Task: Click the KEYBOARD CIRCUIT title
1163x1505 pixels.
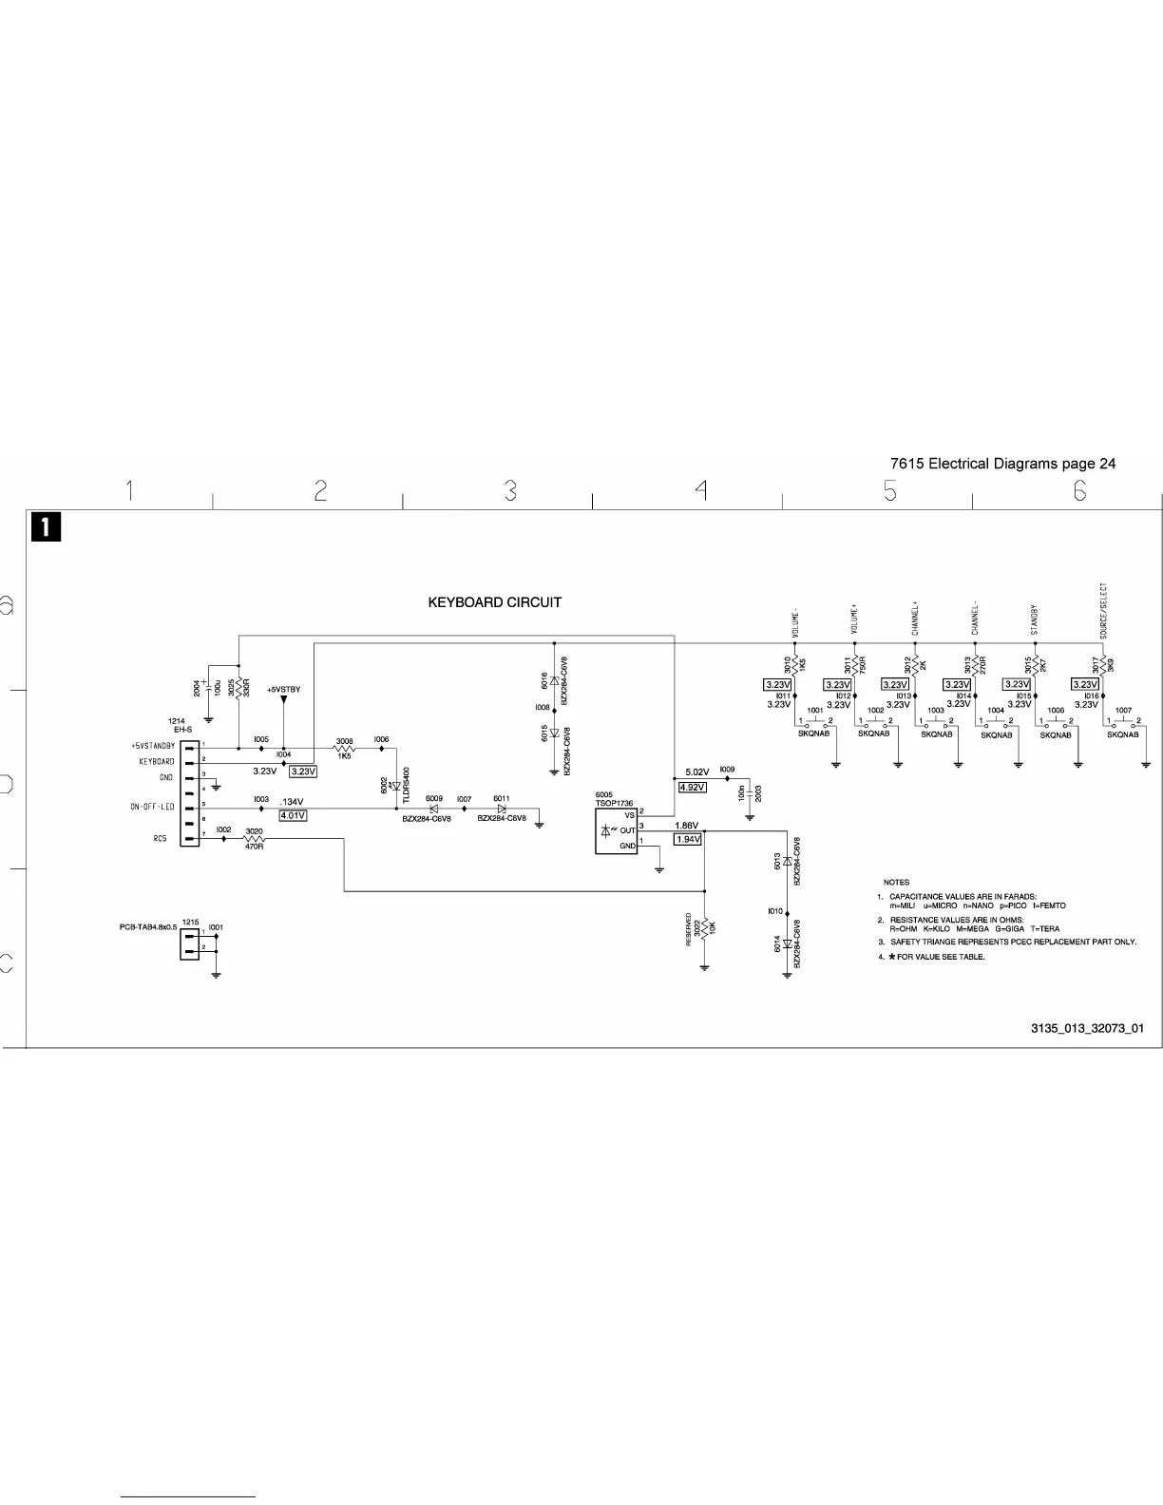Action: coord(494,602)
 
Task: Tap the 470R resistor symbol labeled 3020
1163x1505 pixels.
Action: coord(254,838)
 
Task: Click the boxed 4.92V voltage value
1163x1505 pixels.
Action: coord(692,788)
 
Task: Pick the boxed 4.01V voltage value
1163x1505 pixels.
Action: coord(293,815)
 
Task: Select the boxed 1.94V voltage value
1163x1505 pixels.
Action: coord(687,839)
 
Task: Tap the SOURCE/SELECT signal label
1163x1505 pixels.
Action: coord(1103,610)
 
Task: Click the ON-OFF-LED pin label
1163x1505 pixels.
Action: coord(152,808)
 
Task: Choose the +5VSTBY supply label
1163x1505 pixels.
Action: coord(283,690)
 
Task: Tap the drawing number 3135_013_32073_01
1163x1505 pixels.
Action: coord(1087,1028)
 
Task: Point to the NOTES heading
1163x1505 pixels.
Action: coord(896,883)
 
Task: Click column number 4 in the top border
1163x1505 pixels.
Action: coord(700,490)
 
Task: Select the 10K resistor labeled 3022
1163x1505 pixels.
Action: coord(704,928)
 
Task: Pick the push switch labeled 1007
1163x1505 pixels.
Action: coord(1124,724)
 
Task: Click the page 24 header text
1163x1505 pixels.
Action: coord(1002,464)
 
